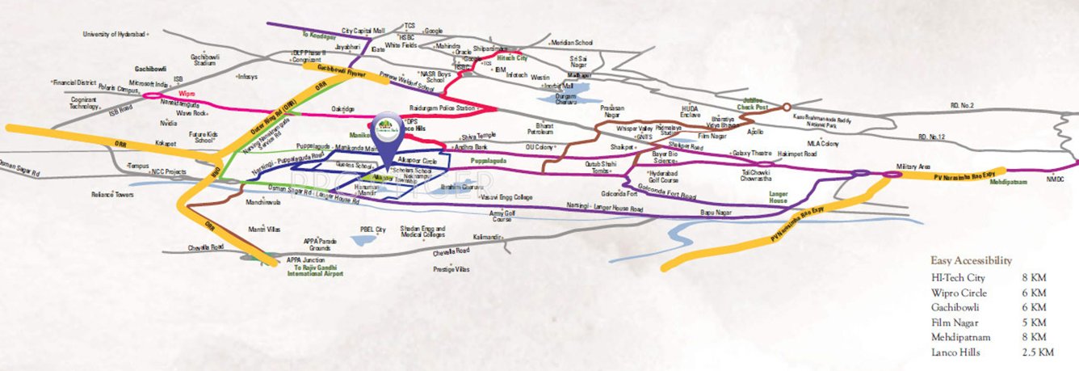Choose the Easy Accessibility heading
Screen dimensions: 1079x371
pyautogui.click(x=971, y=260)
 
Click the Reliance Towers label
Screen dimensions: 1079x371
pyautogui.click(x=112, y=194)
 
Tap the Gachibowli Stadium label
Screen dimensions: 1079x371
pyautogui.click(x=204, y=61)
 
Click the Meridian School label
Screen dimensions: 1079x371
pyautogui.click(x=570, y=42)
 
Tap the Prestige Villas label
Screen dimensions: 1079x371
pyautogui.click(x=451, y=268)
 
